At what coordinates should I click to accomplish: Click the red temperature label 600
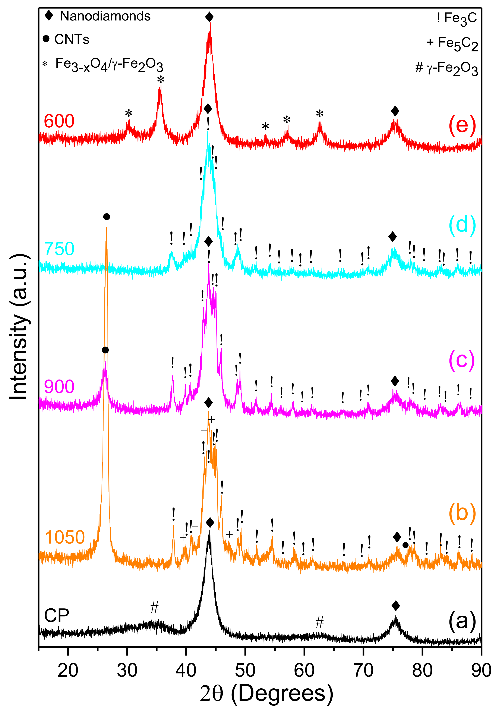[59, 121]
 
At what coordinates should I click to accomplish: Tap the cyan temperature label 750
[59, 249]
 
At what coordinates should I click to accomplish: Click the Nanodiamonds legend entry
[98, 16]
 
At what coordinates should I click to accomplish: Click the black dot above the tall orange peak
[107, 217]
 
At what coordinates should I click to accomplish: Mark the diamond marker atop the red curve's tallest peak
[209, 17]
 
